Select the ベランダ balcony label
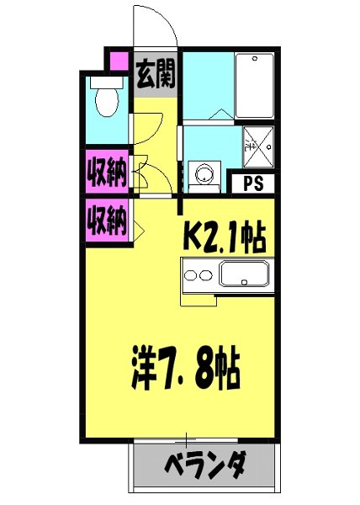pyautogui.click(x=204, y=465)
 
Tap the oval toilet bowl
pyautogui.click(x=107, y=102)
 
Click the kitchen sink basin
pyautogui.click(x=244, y=274)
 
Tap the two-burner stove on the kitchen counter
pyautogui.click(x=199, y=274)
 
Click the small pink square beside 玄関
pyautogui.click(x=118, y=63)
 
